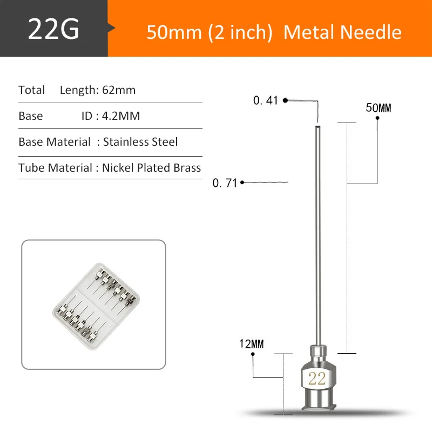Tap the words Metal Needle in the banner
(342, 32)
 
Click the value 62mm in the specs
(119, 90)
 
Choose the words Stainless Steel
(140, 142)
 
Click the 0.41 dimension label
(265, 100)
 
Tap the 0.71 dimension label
(225, 183)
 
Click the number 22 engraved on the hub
(316, 379)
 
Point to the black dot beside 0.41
(285, 100)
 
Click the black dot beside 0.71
(242, 183)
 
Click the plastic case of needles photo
(93, 305)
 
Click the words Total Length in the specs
(77, 90)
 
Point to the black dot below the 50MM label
(378, 119)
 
